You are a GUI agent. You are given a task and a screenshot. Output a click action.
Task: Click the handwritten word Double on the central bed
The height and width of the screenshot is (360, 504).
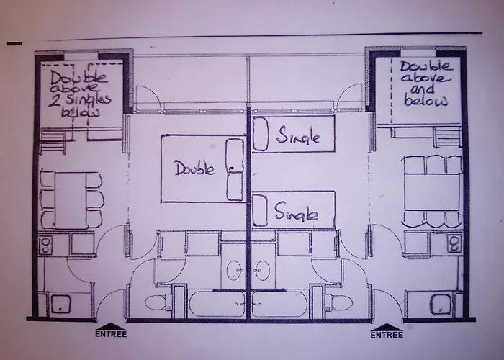coord(195,169)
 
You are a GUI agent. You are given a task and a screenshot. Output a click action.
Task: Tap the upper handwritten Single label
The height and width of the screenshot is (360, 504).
coord(297,136)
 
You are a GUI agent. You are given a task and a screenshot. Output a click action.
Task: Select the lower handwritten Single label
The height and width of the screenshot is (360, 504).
coord(297,213)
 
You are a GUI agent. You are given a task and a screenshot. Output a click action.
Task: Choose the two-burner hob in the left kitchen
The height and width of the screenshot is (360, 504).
coord(48,243)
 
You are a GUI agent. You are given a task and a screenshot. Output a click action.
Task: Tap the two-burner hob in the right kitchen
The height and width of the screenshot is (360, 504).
coord(454,243)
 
